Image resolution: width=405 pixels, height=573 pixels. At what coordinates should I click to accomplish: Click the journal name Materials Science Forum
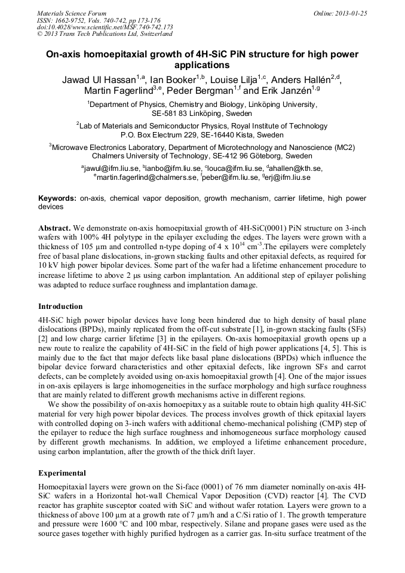pyautogui.click(x=72, y=13)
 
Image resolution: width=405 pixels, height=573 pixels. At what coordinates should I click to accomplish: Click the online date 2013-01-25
pyautogui.click(x=349, y=13)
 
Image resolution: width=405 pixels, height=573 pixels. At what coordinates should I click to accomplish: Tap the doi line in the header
pyautogui.click(x=105, y=27)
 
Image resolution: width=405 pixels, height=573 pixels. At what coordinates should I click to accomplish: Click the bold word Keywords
pyautogui.click(x=57, y=198)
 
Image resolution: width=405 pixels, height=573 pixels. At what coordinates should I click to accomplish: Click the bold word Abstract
pyautogui.click(x=55, y=229)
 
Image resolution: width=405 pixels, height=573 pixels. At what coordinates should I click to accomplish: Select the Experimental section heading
pyautogui.click(x=62, y=473)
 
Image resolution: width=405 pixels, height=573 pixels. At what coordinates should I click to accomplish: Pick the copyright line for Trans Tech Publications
pyautogui.click(x=105, y=34)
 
